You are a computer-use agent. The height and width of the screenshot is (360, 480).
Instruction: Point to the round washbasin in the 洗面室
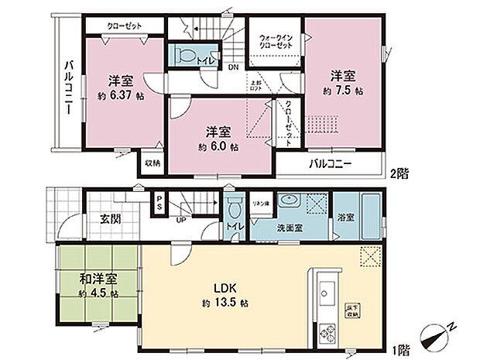point(290,201)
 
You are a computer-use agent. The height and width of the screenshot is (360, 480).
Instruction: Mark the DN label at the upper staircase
point(232,67)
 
